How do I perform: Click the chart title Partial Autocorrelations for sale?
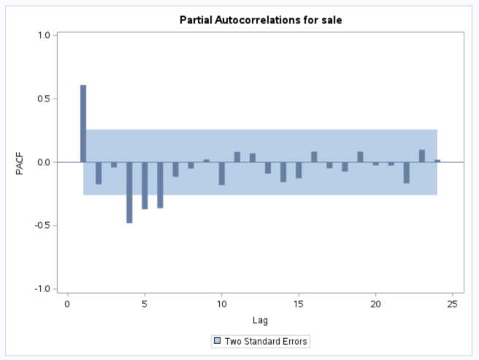point(261,20)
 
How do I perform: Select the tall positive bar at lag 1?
point(83,123)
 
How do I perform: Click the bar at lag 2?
point(99,173)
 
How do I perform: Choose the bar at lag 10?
point(221,173)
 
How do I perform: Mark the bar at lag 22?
point(407,172)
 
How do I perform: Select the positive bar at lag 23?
point(422,156)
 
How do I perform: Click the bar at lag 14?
point(283,172)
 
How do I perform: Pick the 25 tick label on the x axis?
point(453,304)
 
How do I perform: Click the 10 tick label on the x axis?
point(221,304)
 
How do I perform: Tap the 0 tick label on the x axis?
point(67,304)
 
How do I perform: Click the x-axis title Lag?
point(261,319)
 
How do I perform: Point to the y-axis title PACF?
point(20,162)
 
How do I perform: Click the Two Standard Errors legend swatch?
point(217,341)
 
